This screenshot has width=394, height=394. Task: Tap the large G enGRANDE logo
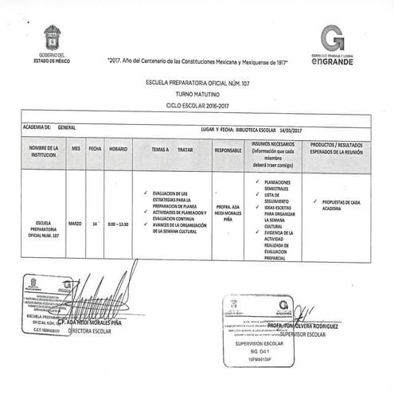click(x=334, y=37)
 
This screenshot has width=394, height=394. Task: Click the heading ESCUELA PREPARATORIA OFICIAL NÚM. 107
click(x=197, y=83)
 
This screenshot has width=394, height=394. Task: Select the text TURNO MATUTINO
click(x=197, y=94)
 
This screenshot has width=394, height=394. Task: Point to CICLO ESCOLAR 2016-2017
click(x=197, y=104)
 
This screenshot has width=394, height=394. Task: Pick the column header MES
click(x=76, y=148)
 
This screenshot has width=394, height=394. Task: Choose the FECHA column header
click(x=96, y=148)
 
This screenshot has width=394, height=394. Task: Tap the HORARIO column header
click(x=118, y=148)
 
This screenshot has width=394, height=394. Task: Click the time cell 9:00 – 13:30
click(x=118, y=224)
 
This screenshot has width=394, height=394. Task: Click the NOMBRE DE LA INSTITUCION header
click(x=45, y=151)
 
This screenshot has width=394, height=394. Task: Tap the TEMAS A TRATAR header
click(x=173, y=149)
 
